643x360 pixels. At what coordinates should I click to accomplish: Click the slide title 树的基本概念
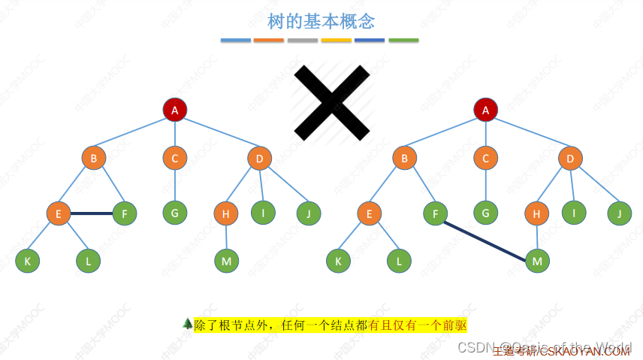click(x=321, y=20)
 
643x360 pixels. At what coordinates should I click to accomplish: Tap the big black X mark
click(x=331, y=103)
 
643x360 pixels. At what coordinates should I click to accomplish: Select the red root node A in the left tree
click(x=175, y=110)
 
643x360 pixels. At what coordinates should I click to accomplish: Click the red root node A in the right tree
click(x=485, y=110)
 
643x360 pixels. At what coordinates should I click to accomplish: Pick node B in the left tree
click(x=94, y=158)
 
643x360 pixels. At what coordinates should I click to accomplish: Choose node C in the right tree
click(x=485, y=158)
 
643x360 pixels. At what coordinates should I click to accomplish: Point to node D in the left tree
click(x=259, y=158)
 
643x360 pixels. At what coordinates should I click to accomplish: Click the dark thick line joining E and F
click(x=91, y=213)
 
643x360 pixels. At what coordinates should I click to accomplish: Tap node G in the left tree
click(x=174, y=213)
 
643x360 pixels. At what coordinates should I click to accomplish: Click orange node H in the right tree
click(x=536, y=214)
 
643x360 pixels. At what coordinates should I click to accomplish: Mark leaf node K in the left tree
click(x=28, y=261)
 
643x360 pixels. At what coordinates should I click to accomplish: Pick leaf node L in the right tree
click(x=399, y=261)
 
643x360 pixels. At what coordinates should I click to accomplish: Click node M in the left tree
click(x=226, y=261)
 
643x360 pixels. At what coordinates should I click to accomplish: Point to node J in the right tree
click(x=619, y=213)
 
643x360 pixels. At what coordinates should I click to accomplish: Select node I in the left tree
click(x=263, y=213)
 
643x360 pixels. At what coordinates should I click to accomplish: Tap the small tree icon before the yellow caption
click(x=187, y=323)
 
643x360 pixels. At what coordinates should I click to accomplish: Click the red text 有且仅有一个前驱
click(x=418, y=325)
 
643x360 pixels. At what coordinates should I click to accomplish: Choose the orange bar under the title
click(x=269, y=40)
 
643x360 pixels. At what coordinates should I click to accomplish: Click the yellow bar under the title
click(x=336, y=40)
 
